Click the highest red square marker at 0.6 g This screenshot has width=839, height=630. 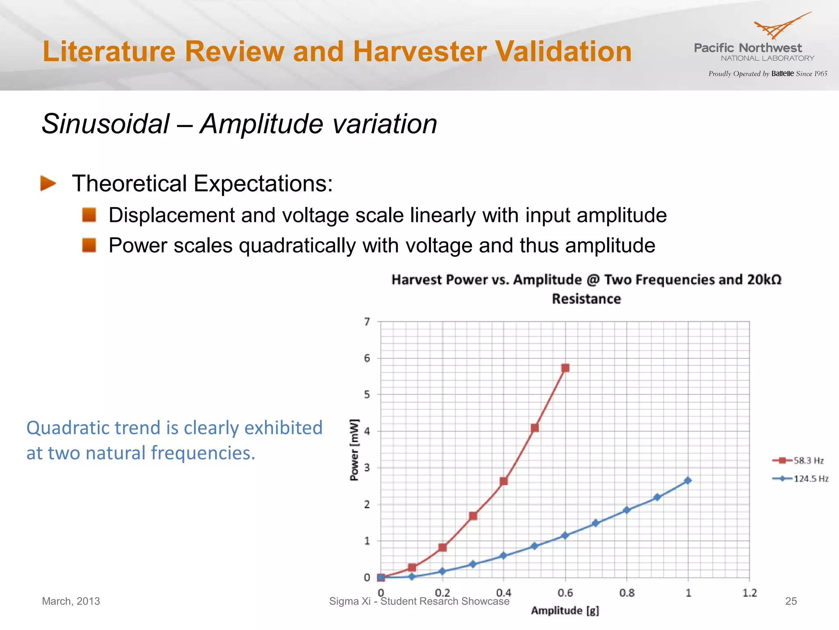click(565, 368)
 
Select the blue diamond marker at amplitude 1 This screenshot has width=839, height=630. click(688, 480)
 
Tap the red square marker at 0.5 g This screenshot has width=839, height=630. click(535, 428)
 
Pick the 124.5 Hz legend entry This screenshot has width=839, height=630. click(800, 479)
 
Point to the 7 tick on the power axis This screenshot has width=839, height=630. click(367, 322)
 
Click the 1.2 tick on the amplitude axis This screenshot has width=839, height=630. click(750, 593)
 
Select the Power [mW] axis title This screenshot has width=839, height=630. click(354, 450)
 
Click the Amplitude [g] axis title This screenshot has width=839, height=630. click(565, 611)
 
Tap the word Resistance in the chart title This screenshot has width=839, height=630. click(586, 299)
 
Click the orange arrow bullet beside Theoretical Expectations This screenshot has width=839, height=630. click(48, 183)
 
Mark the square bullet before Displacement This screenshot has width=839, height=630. click(89, 215)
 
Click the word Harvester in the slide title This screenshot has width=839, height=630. click(420, 52)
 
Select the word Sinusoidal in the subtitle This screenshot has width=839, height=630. click(106, 124)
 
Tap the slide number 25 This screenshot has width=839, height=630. click(791, 601)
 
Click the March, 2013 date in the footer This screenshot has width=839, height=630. click(71, 601)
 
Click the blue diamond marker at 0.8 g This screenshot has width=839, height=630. click(626, 510)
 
